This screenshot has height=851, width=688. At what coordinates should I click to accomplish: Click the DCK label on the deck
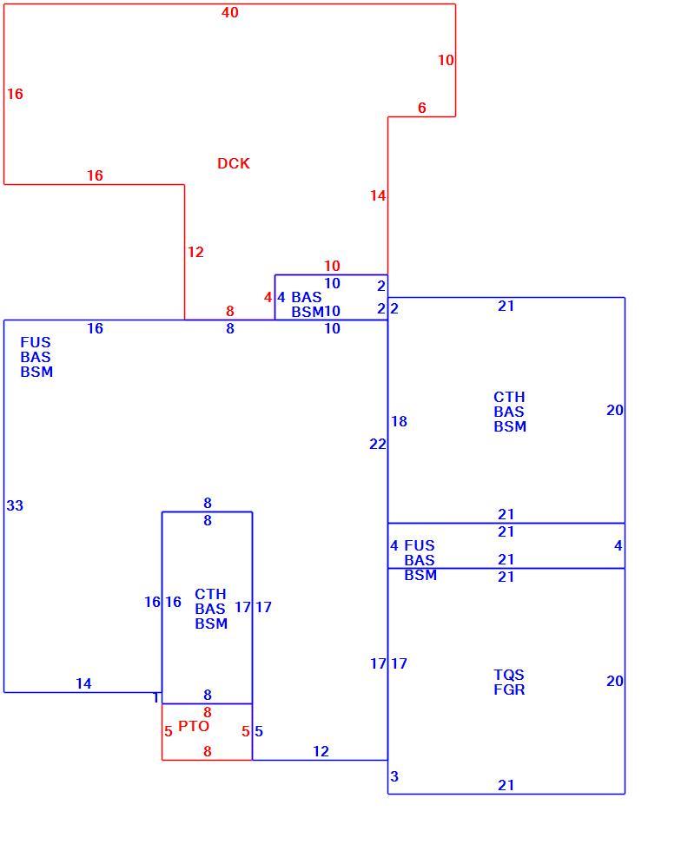pyautogui.click(x=234, y=163)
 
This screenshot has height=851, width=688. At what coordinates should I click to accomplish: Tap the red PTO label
pyautogui.click(x=194, y=726)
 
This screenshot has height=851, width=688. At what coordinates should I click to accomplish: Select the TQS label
pyautogui.click(x=509, y=675)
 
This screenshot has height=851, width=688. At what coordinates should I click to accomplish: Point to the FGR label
pyautogui.click(x=509, y=689)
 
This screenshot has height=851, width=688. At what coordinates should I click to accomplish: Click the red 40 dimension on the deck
pyautogui.click(x=230, y=12)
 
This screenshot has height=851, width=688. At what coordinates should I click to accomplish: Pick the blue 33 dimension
pyautogui.click(x=16, y=505)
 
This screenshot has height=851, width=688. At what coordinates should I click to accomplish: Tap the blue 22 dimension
pyautogui.click(x=378, y=444)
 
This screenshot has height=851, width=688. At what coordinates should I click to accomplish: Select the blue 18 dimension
pyautogui.click(x=399, y=421)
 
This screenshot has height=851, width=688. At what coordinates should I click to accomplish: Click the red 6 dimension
pyautogui.click(x=422, y=108)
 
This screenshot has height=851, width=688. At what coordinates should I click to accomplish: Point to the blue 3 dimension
pyautogui.click(x=394, y=776)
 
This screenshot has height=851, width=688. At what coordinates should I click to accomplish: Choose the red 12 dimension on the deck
pyautogui.click(x=196, y=252)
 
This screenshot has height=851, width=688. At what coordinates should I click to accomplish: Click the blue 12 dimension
pyautogui.click(x=321, y=751)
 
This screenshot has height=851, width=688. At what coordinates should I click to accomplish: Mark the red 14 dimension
pyautogui.click(x=378, y=195)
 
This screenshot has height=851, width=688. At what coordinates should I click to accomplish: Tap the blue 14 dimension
pyautogui.click(x=83, y=683)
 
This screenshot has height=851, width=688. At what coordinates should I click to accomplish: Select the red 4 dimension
pyautogui.click(x=268, y=297)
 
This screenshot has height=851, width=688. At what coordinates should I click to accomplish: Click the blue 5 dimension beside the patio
pyautogui.click(x=259, y=731)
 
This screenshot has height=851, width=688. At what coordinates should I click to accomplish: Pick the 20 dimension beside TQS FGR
pyautogui.click(x=615, y=681)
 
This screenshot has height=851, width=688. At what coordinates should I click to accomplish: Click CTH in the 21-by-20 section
pyautogui.click(x=509, y=397)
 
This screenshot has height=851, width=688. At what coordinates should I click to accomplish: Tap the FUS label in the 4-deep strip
pyautogui.click(x=420, y=545)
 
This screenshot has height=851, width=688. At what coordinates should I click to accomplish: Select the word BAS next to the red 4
pyautogui.click(x=307, y=297)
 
